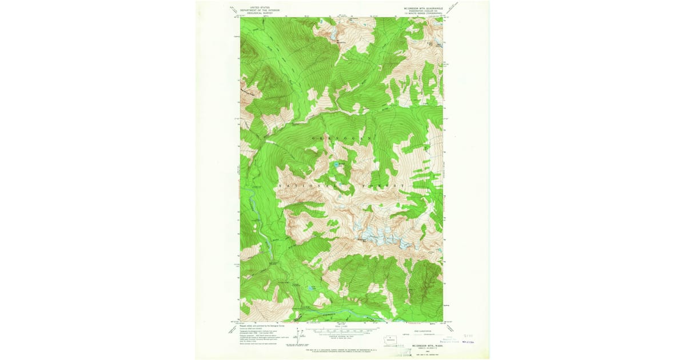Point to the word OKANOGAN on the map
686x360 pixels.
342,139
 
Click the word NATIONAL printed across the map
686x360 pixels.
303,186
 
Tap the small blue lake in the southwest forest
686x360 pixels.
311,289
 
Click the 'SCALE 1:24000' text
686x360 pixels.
341,326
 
